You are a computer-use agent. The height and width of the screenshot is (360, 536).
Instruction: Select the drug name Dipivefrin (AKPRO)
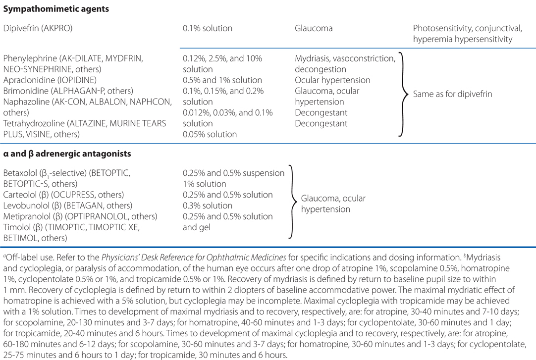click(38, 28)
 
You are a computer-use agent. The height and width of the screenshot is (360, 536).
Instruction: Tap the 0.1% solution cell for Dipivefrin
click(205, 28)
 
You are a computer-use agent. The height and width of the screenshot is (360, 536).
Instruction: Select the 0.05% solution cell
click(210, 134)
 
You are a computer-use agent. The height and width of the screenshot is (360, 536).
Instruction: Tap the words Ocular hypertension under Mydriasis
click(332, 80)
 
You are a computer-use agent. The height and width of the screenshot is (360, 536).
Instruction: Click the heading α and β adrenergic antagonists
click(67, 154)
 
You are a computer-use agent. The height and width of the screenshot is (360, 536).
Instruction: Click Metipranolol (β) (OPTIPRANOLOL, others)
click(80, 216)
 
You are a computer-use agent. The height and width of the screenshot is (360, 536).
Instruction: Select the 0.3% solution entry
click(208, 206)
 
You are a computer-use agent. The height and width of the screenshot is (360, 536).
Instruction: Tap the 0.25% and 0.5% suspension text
click(233, 173)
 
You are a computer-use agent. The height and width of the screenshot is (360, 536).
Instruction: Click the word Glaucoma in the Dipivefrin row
click(313, 28)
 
